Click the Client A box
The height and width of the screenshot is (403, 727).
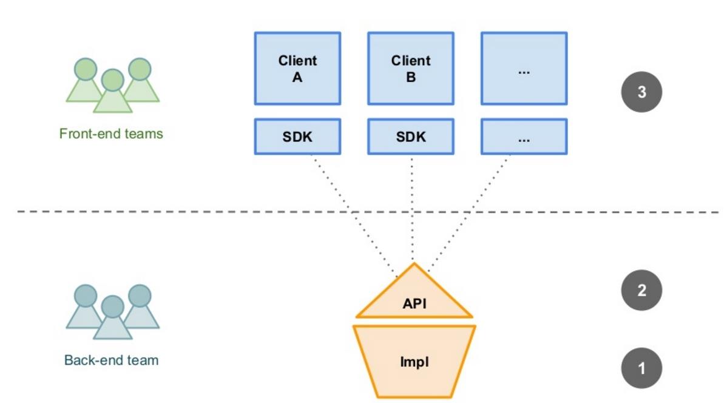tap(297, 69)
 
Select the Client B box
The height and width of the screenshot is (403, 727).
tap(411, 69)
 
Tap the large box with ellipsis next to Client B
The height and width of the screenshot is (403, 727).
tap(524, 69)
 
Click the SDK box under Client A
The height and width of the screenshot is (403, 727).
tap(297, 137)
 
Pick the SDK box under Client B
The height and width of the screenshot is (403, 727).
tap(411, 137)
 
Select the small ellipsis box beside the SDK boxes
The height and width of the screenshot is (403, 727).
tap(524, 137)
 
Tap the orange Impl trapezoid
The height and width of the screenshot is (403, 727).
tap(414, 362)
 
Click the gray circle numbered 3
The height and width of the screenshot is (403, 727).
tap(641, 92)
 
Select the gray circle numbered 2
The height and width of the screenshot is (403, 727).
tap(641, 290)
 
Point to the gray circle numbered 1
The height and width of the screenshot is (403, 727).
tap(641, 368)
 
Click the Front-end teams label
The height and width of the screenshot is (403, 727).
tap(111, 134)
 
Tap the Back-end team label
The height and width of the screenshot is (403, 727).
tap(111, 360)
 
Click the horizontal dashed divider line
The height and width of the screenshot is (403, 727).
tap(182, 212)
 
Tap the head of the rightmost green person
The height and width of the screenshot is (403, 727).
tap(140, 68)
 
